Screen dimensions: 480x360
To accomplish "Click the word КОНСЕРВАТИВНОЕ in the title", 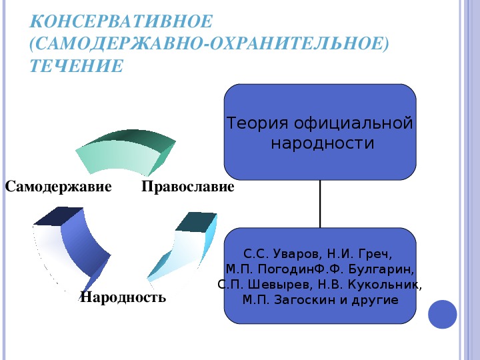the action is coord(121,21).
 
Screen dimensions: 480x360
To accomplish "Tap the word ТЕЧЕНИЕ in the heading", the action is coord(77,66).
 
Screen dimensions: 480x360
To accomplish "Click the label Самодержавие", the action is coord(58,187).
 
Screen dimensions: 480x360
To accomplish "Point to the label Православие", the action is coord(188,187).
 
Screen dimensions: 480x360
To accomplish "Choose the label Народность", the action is coord(123,297).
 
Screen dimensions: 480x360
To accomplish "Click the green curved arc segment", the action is coord(125,153).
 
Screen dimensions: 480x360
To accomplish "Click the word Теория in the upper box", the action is coord(257,123).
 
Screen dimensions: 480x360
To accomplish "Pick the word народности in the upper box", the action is coord(323,143).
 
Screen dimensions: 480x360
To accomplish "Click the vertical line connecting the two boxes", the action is coord(320,204).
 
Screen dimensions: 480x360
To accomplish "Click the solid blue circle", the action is coord(443,315).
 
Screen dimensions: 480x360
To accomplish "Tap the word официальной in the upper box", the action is coord(353,124).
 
